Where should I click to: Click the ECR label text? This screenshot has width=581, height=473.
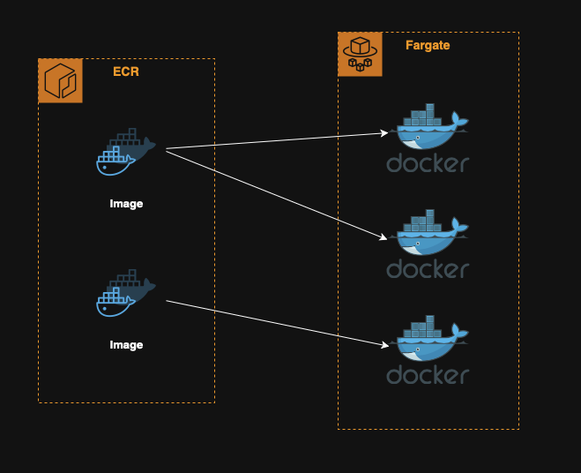coord(126,71)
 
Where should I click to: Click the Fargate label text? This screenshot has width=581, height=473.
coord(428,45)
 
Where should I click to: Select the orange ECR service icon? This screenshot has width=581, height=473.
coord(61,80)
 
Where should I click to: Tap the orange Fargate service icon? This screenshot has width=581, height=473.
coord(361,54)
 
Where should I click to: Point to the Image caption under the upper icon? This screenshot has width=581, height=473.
coord(126,204)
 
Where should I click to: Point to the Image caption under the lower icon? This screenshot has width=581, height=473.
coord(126,345)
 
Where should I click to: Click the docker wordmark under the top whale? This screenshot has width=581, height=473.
coord(428,163)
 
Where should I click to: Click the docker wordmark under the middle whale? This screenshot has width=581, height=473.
coord(428,268)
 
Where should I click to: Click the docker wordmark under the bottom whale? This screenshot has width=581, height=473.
coord(428,374)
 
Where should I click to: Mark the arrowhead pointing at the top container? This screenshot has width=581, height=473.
coord(384,133)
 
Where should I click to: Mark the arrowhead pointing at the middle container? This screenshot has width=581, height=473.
coord(384,237)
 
